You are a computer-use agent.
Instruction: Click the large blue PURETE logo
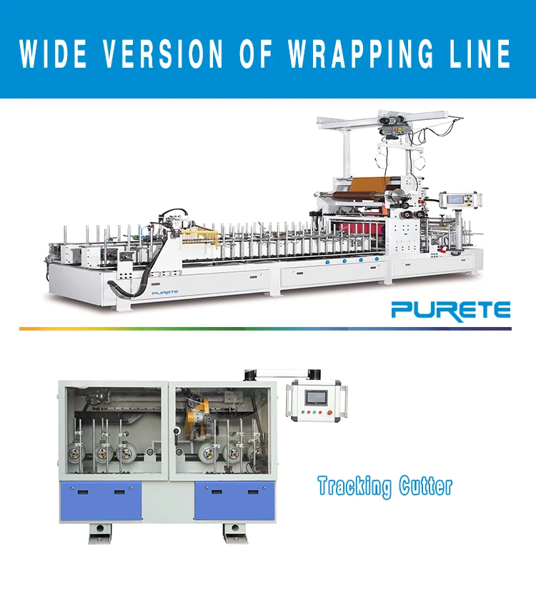450,310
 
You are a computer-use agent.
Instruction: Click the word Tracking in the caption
354,488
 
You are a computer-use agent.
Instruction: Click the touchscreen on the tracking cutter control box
315,396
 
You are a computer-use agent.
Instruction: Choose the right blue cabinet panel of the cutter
234,499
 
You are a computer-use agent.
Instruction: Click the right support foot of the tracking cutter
234,531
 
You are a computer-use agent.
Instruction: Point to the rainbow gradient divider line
265,328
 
